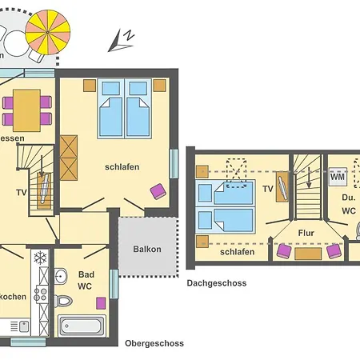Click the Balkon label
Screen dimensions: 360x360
pos(146,249)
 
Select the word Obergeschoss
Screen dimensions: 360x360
pos(154,343)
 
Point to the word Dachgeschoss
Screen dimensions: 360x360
pos(217,283)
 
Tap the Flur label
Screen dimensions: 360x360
pos(306,234)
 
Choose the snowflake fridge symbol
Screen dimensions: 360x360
pos(39,258)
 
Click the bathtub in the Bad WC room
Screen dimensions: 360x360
pos(82,326)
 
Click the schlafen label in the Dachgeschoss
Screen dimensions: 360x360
pos(237,252)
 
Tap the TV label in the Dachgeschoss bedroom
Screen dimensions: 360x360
pos(268,190)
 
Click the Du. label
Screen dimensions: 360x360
pos(349,197)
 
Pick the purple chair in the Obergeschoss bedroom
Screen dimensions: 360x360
pos(158,190)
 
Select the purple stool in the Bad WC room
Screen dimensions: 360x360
pos(102,303)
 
